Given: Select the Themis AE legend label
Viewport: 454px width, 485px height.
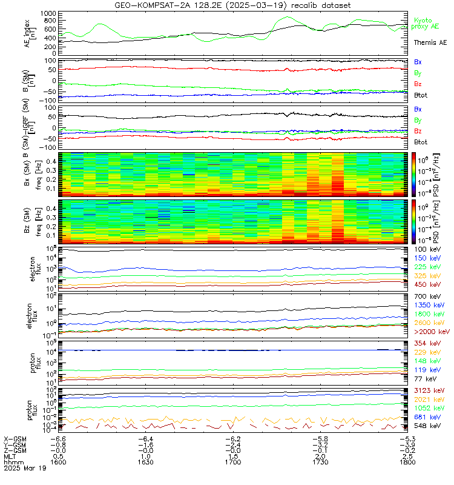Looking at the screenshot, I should [x=430, y=43].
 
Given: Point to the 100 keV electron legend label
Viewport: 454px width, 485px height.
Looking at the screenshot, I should [x=427, y=249].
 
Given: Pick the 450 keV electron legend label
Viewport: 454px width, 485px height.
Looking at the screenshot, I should [x=427, y=284].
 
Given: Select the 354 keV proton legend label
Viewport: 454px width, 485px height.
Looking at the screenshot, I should [x=427, y=344].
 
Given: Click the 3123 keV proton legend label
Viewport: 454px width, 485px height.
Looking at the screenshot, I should [x=429, y=392].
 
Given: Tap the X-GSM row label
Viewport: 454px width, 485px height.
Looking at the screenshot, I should [x=15, y=438].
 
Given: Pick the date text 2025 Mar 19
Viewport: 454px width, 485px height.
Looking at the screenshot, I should [x=22, y=468].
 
